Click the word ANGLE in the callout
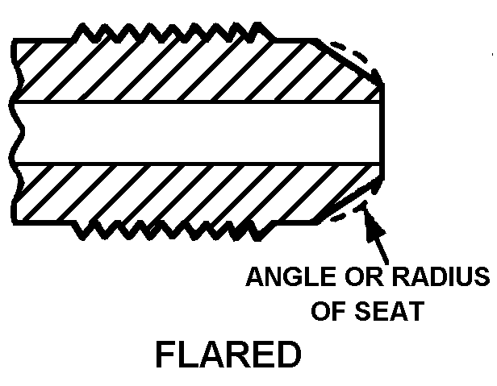pyautogui.click(x=288, y=278)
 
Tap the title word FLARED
pyautogui.click(x=227, y=355)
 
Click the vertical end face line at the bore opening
pyautogui.click(x=382, y=132)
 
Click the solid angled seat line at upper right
pyautogui.click(x=349, y=60)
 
